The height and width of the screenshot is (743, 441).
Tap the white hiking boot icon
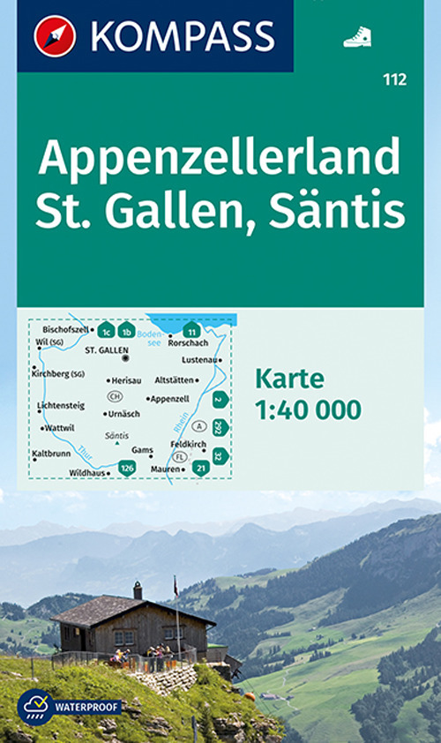click(x=356, y=36)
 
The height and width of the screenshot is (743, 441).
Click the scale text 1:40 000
click(x=308, y=409)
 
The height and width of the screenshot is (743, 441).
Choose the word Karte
click(x=289, y=379)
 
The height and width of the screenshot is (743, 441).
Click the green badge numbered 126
click(x=127, y=468)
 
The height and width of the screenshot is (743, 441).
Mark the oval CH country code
click(x=115, y=397)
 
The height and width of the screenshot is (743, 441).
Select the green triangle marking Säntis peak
click(x=116, y=444)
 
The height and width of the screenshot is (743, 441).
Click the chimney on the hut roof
click(x=138, y=590)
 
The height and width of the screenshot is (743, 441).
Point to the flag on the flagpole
click(x=175, y=586)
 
